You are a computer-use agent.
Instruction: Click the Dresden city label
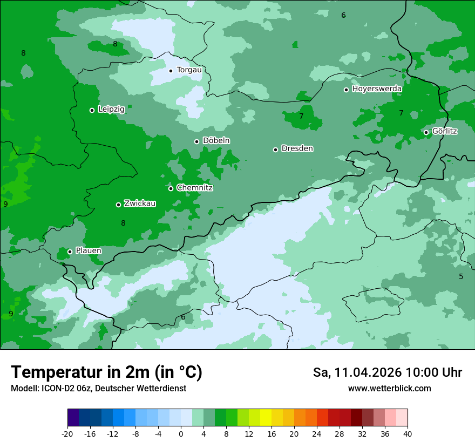[297, 148]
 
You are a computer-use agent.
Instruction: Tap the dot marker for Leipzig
[92, 110]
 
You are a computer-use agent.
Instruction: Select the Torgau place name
[189, 70]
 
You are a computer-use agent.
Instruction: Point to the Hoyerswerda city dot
[346, 90]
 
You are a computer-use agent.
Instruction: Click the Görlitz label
[445, 131]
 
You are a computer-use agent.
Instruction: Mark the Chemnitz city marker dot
[171, 188]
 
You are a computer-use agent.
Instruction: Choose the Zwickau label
[140, 203]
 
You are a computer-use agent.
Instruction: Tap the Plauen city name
[89, 251]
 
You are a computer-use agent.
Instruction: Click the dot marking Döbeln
[196, 141]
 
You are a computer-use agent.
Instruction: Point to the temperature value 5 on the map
[461, 276]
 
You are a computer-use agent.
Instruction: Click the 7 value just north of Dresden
[301, 116]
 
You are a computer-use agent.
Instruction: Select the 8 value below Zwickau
[123, 223]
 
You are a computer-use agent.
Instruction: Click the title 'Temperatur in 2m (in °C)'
[106, 372]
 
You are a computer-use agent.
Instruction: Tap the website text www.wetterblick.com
[389, 388]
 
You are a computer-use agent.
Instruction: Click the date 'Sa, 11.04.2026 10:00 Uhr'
[387, 372]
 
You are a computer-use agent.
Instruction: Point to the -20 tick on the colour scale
[67, 433]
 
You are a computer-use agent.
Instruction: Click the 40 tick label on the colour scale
[408, 433]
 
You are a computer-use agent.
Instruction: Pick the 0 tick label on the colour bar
[181, 433]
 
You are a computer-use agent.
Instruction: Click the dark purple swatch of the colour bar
[73, 418]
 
